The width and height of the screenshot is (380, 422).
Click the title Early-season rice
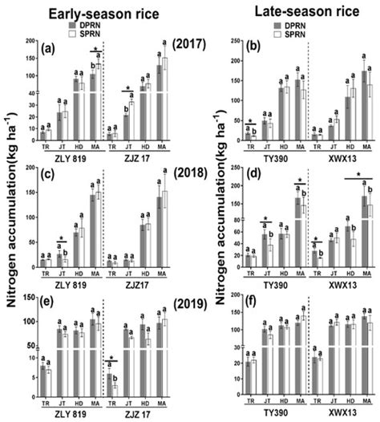pos(95,14)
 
